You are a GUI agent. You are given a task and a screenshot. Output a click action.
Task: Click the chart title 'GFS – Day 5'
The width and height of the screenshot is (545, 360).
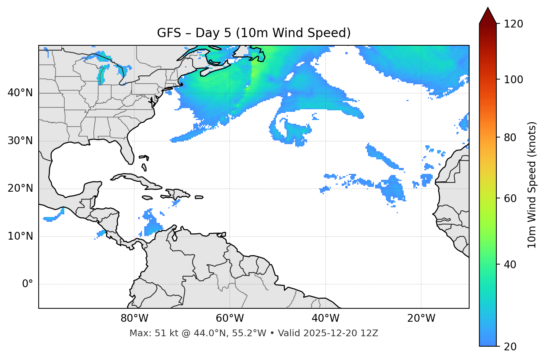click(x=254, y=33)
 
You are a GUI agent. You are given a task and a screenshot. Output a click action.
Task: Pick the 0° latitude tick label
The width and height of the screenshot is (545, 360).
click(x=28, y=284)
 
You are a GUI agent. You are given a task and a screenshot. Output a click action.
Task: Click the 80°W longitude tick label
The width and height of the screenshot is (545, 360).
click(x=134, y=318)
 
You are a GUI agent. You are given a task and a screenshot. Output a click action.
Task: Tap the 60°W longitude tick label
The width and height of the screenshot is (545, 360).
click(x=230, y=318)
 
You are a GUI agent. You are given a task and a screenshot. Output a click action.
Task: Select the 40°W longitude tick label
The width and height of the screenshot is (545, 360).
click(x=325, y=318)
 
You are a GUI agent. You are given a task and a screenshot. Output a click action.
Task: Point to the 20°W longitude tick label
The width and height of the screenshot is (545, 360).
click(x=421, y=318)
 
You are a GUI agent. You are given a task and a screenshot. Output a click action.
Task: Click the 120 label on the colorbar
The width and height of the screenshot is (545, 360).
click(x=513, y=24)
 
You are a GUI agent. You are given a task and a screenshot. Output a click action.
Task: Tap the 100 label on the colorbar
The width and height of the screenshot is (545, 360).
click(x=513, y=80)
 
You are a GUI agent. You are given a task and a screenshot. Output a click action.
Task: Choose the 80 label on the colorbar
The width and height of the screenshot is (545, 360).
click(x=510, y=137)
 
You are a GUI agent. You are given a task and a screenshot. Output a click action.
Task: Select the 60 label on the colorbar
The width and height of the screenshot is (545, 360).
click(x=510, y=198)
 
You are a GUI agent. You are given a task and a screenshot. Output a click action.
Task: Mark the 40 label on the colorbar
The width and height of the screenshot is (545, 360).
click(x=510, y=265)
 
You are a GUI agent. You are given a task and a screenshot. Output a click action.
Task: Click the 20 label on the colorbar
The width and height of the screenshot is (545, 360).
click(x=510, y=347)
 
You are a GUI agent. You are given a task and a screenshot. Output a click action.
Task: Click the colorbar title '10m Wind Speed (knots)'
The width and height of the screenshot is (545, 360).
click(x=532, y=185)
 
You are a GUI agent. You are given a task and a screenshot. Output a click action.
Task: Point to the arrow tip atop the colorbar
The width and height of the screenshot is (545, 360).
click(x=488, y=8)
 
